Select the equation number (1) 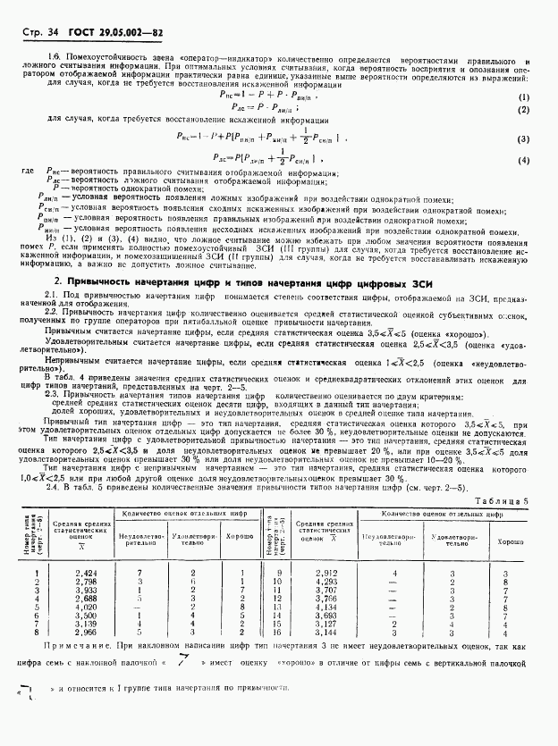tap(523, 96)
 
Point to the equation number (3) tap(523, 138)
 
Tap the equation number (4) tap(523, 159)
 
